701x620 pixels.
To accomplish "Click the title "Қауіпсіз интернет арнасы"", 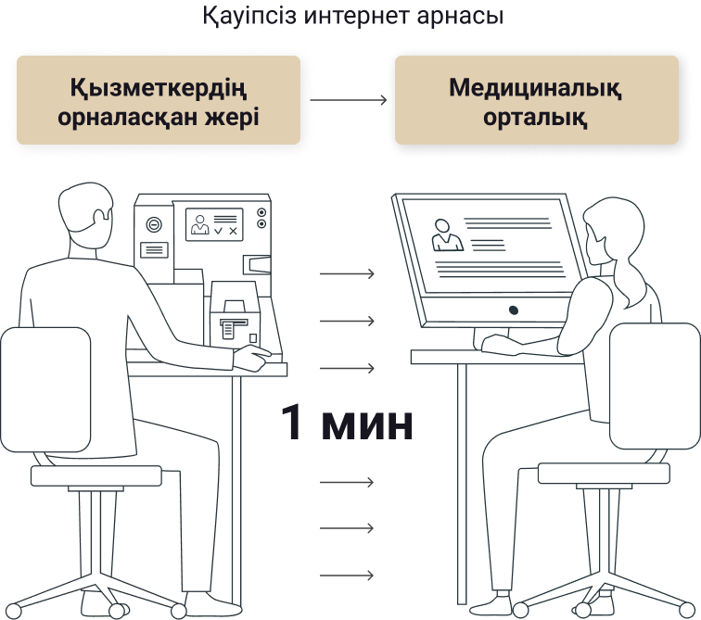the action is [x=353, y=16].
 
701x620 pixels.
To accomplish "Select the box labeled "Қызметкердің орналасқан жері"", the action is [x=159, y=100].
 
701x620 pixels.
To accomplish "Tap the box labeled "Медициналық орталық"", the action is [x=537, y=100].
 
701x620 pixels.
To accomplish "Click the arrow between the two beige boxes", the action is [x=349, y=99].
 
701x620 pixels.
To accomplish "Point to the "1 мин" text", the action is [x=347, y=422].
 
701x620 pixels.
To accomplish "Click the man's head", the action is [x=85, y=211].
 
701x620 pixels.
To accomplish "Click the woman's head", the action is [x=614, y=232].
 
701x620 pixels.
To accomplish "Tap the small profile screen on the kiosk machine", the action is [x=214, y=224].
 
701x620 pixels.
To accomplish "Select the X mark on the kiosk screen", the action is [x=233, y=231].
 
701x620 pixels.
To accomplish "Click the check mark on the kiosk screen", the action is [x=218, y=231].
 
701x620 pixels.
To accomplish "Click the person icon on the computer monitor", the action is [x=447, y=235].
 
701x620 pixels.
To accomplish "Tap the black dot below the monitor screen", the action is [x=514, y=310].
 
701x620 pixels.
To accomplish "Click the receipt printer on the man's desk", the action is [x=235, y=315].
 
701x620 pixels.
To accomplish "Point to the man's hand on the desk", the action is [x=252, y=357].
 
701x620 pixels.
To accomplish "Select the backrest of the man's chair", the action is [x=45, y=389].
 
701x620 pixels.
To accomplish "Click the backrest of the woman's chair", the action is [x=655, y=386].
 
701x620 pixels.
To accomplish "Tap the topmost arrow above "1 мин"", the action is [x=347, y=273].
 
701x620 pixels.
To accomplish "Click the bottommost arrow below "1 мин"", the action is [x=347, y=576].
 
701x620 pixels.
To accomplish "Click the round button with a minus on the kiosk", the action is [x=154, y=223].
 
